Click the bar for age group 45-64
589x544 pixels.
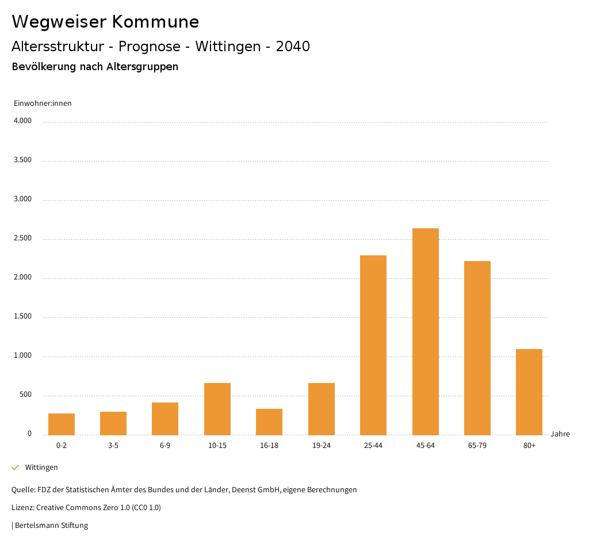[425, 331]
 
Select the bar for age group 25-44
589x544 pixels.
[373, 345]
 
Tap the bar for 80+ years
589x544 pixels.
[529, 392]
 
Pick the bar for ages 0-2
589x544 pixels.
[62, 424]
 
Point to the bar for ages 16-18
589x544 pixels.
[269, 422]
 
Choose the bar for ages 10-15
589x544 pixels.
[217, 409]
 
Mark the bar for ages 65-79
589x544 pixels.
[477, 348]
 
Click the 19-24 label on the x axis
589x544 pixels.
[321, 446]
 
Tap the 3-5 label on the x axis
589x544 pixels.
[113, 446]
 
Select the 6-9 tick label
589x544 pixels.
[165, 446]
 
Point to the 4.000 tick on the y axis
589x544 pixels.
[22, 121]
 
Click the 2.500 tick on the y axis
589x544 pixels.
[22, 239]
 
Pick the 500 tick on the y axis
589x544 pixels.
[25, 395]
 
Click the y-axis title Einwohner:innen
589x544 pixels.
[43, 104]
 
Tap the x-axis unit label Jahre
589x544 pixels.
[560, 434]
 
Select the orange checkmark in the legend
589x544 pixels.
[16, 468]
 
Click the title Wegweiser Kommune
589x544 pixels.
[105, 22]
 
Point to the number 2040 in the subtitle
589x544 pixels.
[293, 47]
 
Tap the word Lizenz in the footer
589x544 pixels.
[22, 508]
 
